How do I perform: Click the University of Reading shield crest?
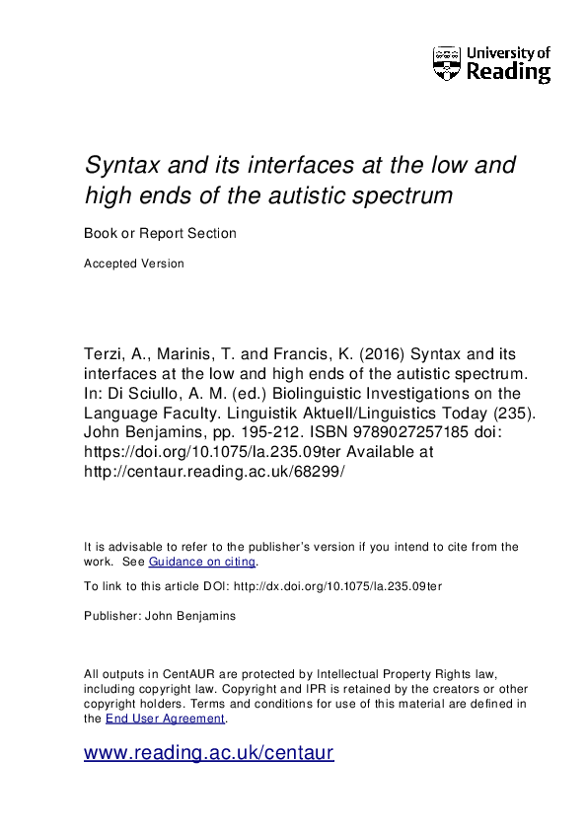click(x=447, y=63)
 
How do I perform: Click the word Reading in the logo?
click(x=507, y=72)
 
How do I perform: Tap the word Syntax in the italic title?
click(x=121, y=165)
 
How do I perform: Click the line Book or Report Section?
click(x=160, y=234)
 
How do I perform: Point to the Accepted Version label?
click(x=134, y=264)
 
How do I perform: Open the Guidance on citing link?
click(x=202, y=562)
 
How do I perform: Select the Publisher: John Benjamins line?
click(x=160, y=615)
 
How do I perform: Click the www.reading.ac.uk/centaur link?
click(x=209, y=753)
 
